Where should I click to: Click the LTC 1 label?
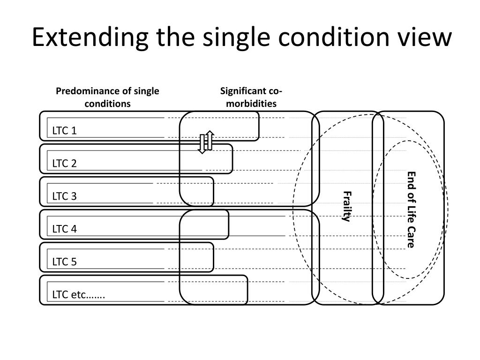64,131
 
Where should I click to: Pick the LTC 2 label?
64,164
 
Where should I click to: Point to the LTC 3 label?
64,196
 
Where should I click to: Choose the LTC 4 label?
64,229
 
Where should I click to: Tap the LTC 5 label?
64,262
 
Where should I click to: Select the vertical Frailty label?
346,207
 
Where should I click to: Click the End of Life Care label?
411,210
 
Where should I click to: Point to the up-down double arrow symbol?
206,142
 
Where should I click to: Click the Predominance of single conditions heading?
107,97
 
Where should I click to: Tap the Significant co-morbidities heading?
251,97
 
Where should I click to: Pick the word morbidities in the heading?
251,103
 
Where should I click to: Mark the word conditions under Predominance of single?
107,103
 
